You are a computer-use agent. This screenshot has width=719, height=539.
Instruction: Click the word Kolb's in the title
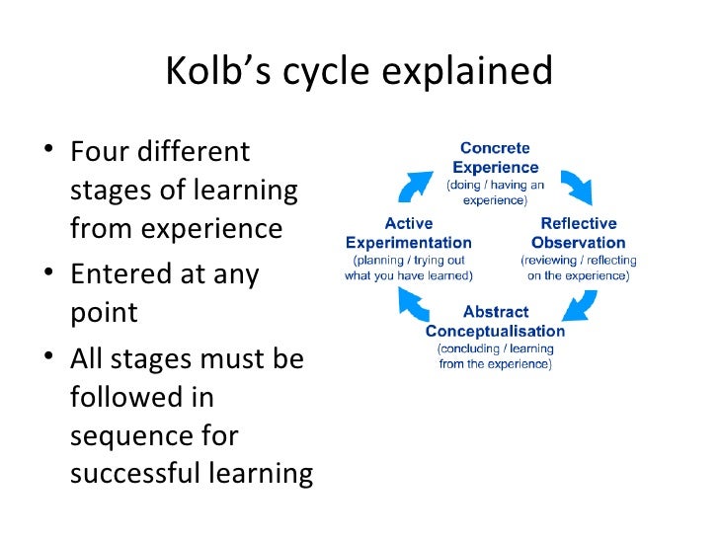218,72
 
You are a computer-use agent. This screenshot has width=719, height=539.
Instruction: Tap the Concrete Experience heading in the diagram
496,158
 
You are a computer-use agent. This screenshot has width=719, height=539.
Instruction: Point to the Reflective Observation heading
578,233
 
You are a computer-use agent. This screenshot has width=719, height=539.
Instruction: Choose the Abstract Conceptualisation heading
495,321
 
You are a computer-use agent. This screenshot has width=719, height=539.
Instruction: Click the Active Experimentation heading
408,233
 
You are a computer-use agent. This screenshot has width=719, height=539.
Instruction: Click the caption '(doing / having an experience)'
496,192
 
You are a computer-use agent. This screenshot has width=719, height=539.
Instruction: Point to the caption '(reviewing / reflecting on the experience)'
578,268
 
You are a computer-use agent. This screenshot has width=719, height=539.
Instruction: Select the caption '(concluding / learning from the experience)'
495,356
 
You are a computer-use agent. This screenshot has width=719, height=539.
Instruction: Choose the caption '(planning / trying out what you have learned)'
408,268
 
